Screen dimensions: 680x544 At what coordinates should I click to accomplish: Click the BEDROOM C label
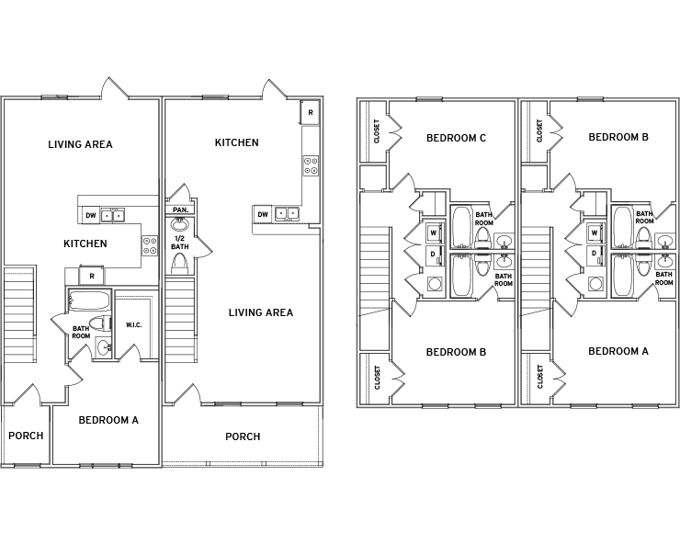456,138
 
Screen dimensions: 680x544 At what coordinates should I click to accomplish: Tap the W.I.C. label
133,325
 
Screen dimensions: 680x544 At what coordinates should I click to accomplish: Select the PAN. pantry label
180,210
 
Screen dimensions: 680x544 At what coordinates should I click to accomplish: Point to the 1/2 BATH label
180,243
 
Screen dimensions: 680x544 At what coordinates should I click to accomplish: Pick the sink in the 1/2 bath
179,224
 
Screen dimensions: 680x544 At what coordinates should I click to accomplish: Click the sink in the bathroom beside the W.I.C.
104,347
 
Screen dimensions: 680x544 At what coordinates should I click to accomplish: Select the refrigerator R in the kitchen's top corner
311,112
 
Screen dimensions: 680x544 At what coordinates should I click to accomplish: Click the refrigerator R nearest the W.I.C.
92,276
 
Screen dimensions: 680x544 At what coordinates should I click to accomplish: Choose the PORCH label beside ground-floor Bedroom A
26,436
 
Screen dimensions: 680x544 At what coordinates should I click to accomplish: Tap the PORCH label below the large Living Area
243,436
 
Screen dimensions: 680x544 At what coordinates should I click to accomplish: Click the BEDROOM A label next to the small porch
108,420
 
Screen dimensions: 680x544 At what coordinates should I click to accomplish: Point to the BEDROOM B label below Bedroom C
456,352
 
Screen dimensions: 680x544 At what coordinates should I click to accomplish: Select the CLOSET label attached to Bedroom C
377,131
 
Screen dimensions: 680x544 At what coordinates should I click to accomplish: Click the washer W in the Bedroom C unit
433,233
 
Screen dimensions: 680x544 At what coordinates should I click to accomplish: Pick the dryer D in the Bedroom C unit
433,255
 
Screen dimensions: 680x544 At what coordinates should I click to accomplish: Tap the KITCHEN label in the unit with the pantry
237,142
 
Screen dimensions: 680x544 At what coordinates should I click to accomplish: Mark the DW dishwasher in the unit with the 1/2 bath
263,214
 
